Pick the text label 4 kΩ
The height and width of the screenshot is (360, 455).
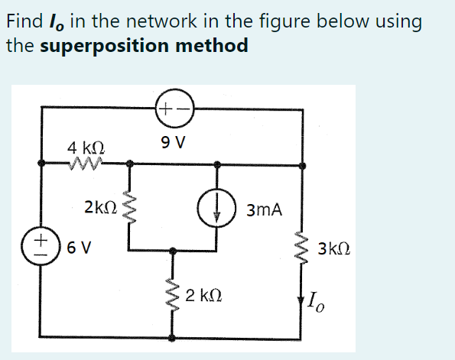[86, 146]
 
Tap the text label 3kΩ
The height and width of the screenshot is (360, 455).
[337, 249]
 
